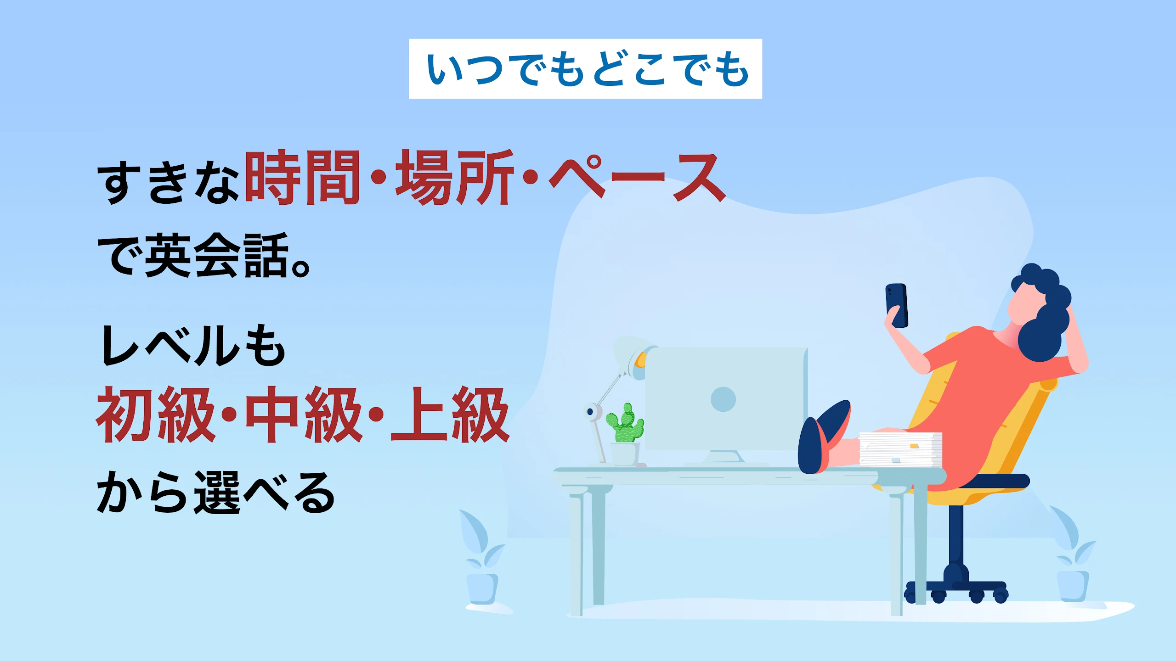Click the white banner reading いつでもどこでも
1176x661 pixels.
point(585,69)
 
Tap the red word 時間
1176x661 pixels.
point(302,178)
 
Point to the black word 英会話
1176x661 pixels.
point(217,255)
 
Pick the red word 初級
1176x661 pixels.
point(155,415)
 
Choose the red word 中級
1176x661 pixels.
point(303,415)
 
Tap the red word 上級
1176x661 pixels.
point(450,415)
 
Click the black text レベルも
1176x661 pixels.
point(193,345)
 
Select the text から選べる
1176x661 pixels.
point(216,493)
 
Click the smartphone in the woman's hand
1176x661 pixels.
point(897,305)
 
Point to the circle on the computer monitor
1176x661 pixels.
point(723,399)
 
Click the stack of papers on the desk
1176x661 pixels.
point(900,449)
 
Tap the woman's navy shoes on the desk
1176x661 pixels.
point(822,436)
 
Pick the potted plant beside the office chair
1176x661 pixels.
point(1073,555)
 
